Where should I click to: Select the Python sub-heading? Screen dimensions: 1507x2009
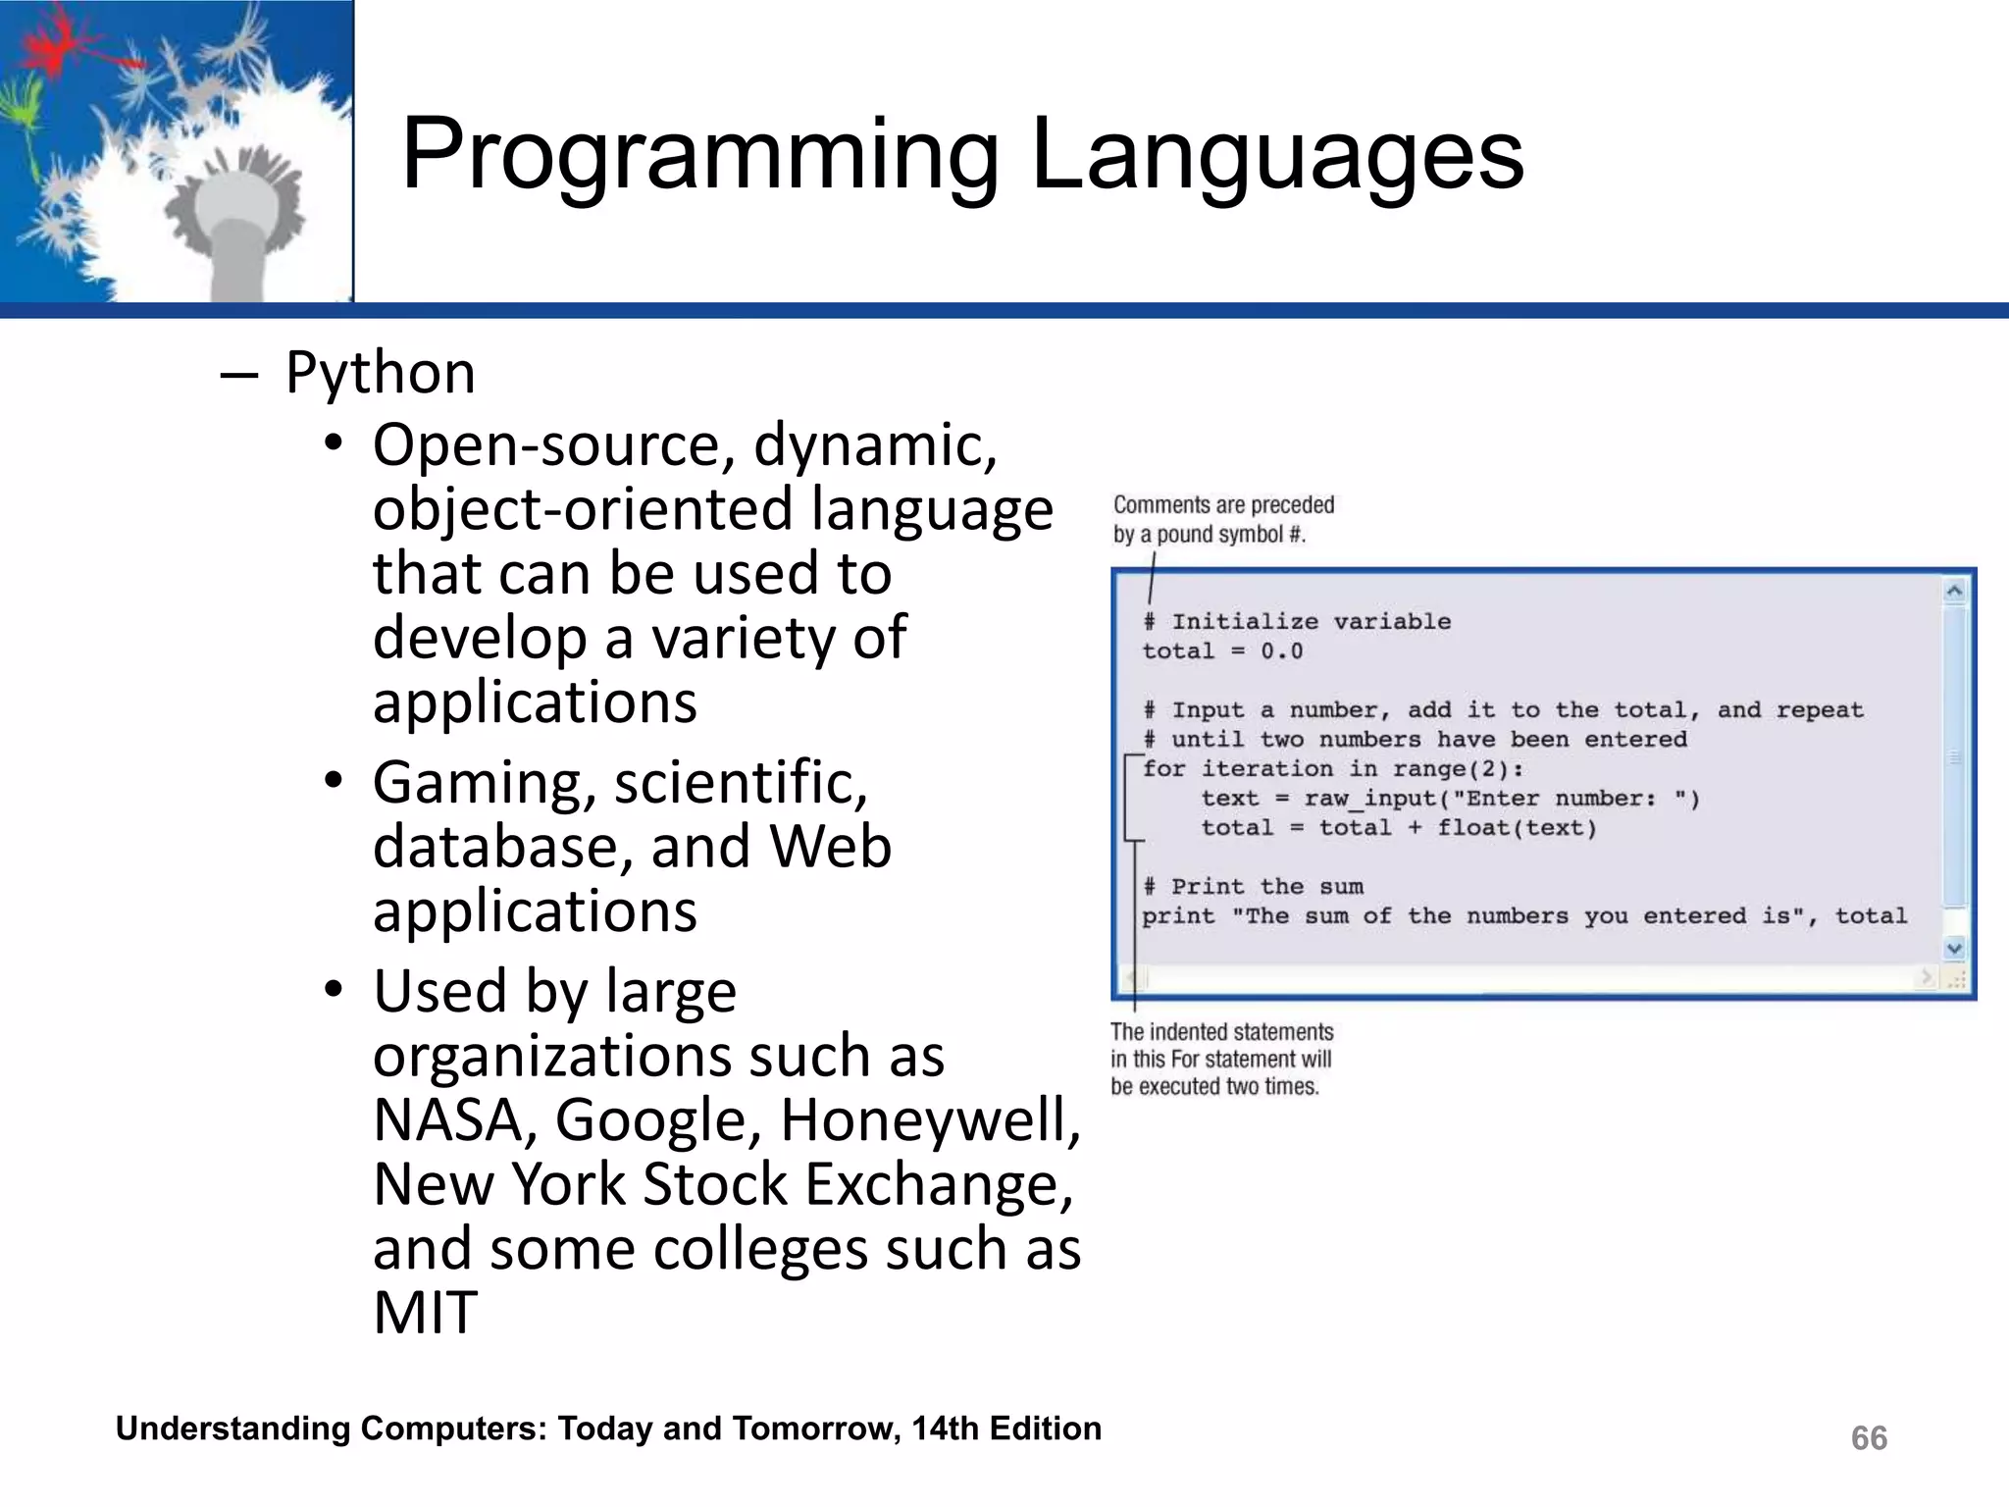pos(380,373)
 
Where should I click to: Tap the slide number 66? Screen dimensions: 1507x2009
pos(1869,1437)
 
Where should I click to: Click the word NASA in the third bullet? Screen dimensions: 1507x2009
pos(448,1120)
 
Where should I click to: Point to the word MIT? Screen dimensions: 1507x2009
pos(425,1313)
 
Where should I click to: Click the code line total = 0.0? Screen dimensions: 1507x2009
pos(1222,651)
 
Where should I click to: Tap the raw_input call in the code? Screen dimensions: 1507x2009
pos(1373,799)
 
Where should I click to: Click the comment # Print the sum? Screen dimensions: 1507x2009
pos(1253,887)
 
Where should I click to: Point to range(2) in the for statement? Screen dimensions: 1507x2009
pos(1450,769)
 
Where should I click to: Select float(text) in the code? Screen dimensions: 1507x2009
pos(1517,828)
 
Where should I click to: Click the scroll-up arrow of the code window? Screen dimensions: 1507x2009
pos(1954,591)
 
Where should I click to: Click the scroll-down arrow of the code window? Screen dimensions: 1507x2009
pos(1954,948)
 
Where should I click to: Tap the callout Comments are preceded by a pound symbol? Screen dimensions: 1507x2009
pos(1222,519)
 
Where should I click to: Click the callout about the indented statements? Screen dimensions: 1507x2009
pos(1221,1059)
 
